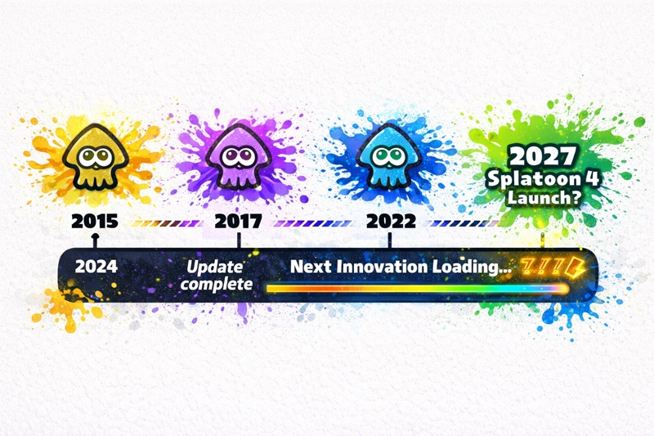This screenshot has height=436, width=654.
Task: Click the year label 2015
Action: [94, 221]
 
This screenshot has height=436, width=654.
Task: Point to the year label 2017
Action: [238, 221]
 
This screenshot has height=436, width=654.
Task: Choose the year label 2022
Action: [391, 221]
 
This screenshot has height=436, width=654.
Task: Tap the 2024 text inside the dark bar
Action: [95, 266]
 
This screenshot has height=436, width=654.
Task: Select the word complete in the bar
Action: [217, 283]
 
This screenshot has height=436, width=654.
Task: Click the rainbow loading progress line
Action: [417, 288]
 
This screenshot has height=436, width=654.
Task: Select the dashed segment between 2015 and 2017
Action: [167, 222]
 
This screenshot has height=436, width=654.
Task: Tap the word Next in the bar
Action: [307, 267]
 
